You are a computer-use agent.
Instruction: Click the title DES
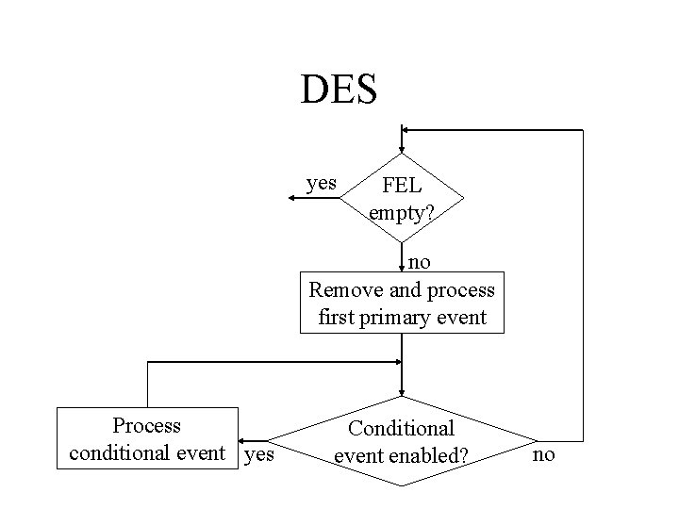tap(339, 90)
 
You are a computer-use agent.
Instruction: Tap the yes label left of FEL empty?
tap(323, 182)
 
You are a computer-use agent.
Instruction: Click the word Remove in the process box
tap(342, 288)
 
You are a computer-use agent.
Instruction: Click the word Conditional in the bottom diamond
tap(402, 428)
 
